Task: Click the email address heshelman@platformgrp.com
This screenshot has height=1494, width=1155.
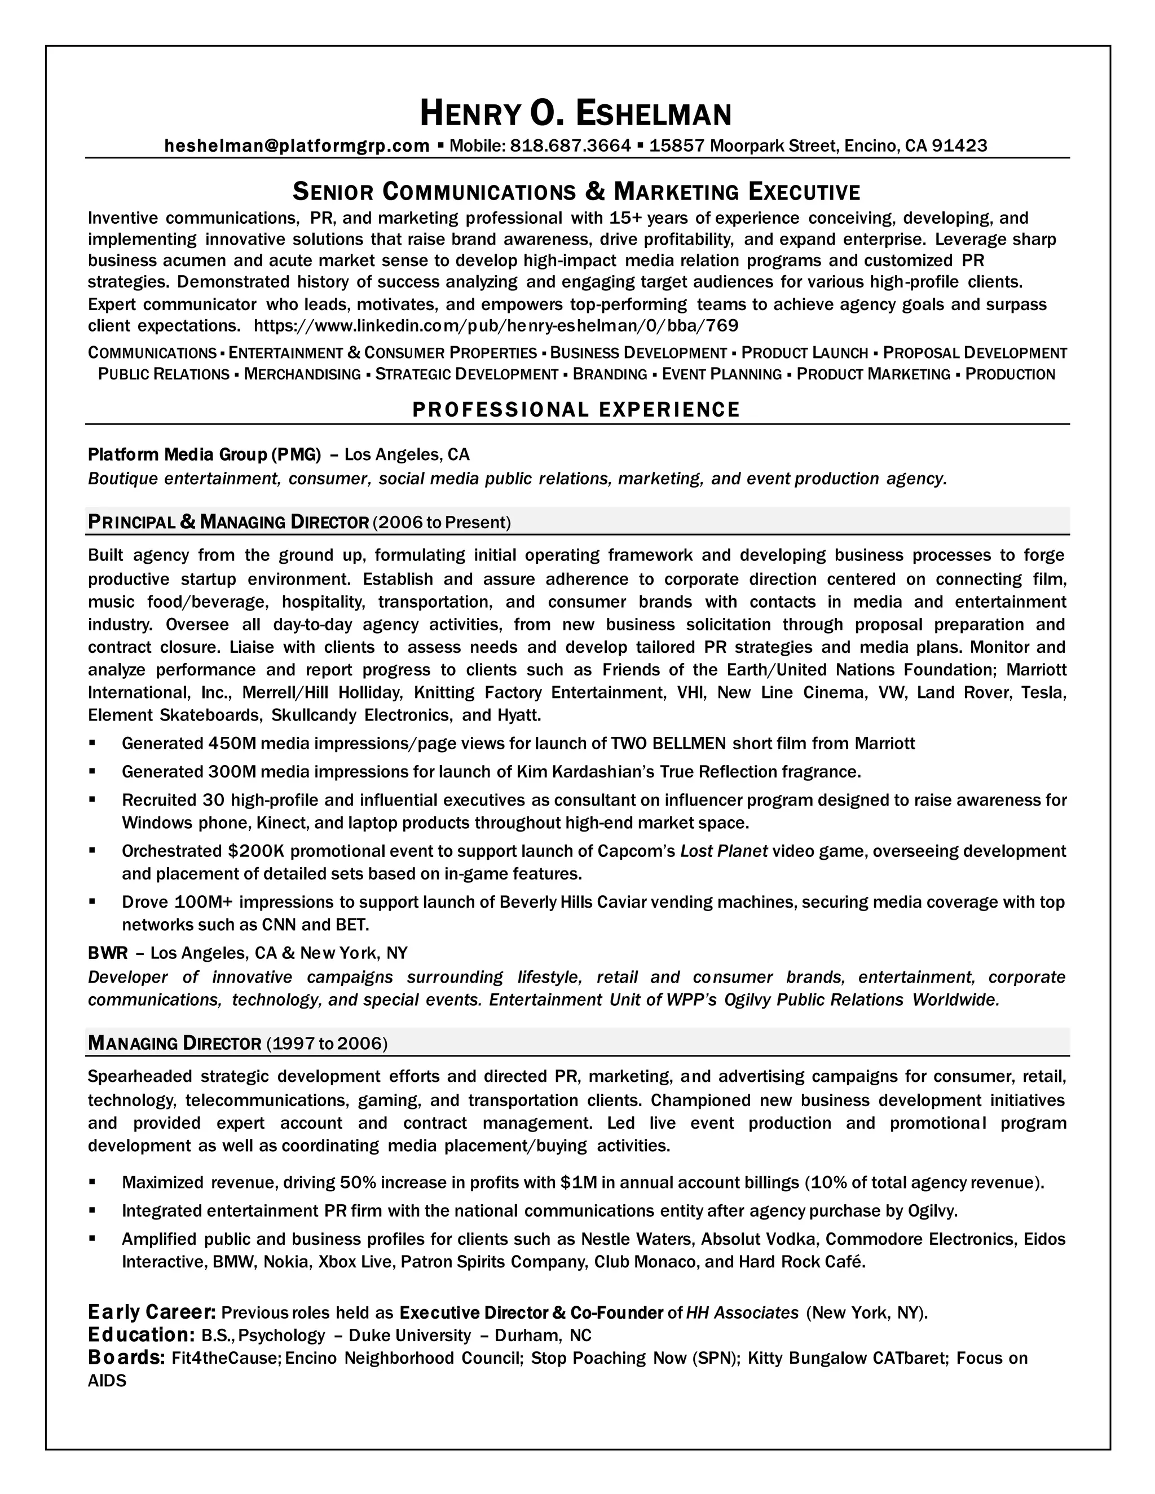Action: pyautogui.click(x=297, y=145)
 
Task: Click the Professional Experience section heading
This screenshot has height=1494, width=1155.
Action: pyautogui.click(x=576, y=410)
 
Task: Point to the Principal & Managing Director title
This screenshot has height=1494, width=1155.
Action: pyautogui.click(x=228, y=523)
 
